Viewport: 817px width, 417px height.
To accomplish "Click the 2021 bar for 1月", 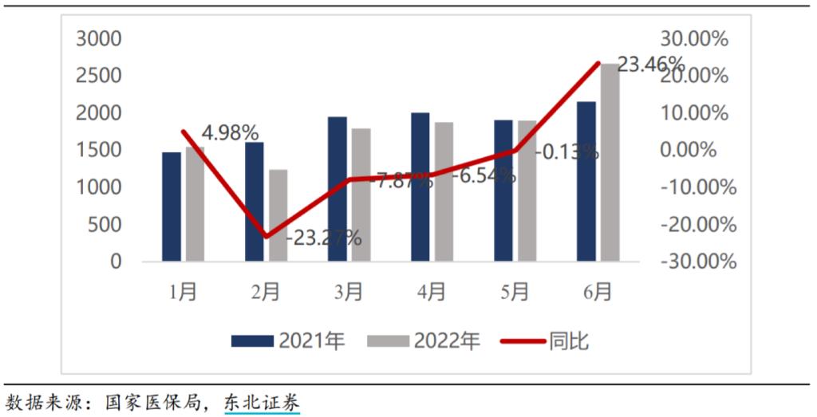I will (x=172, y=207).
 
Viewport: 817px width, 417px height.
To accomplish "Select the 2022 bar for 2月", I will (x=278, y=215).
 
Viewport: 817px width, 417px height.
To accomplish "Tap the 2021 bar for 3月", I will (x=337, y=189).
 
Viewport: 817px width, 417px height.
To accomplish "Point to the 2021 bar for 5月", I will (x=503, y=191).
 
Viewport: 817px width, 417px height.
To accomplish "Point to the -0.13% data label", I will (x=567, y=151).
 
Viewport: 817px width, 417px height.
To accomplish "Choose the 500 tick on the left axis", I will (x=105, y=225).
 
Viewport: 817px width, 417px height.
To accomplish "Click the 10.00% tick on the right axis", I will (x=695, y=113).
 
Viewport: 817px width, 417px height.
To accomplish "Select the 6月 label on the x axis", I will (x=598, y=293).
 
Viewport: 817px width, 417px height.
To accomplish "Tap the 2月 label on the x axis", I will (x=266, y=293).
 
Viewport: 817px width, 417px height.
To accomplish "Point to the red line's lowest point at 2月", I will (x=266, y=237).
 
